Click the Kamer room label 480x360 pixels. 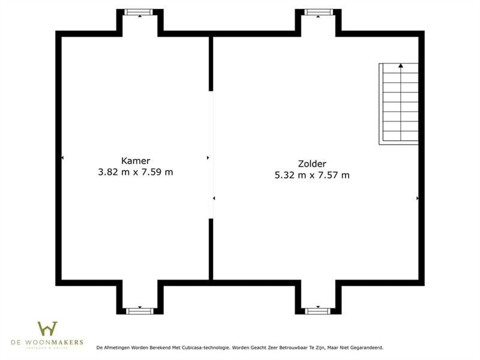point(136,161)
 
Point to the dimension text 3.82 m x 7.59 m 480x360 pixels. point(136,172)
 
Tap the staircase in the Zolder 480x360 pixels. point(398,103)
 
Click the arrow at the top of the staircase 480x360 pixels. point(400,65)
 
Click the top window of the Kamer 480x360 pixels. point(140,12)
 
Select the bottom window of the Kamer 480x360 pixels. point(140,311)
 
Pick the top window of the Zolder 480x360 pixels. point(318,12)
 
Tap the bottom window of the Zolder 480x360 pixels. point(318,311)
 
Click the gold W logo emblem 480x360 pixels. point(47,329)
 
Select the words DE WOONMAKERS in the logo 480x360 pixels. point(47,343)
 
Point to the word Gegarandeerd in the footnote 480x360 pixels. point(366,347)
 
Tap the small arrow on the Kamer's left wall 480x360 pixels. point(62,158)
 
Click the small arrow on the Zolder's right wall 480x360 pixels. point(417,197)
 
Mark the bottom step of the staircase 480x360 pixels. point(398,138)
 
